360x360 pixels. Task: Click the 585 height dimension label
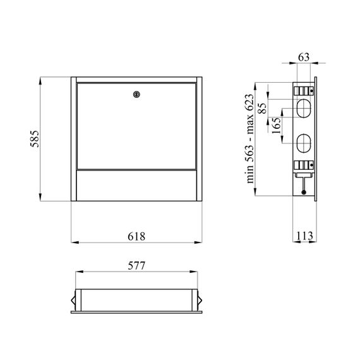[x=35, y=139]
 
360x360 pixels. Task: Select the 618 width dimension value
[x=136, y=236]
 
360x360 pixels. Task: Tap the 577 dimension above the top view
[x=136, y=266]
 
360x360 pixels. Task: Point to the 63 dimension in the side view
[x=304, y=57]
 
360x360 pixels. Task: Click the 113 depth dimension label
[x=304, y=236]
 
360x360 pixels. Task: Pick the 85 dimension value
[x=263, y=108]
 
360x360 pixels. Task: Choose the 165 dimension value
[x=276, y=126]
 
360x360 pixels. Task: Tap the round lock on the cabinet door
[x=136, y=94]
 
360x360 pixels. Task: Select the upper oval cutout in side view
[x=304, y=109]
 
